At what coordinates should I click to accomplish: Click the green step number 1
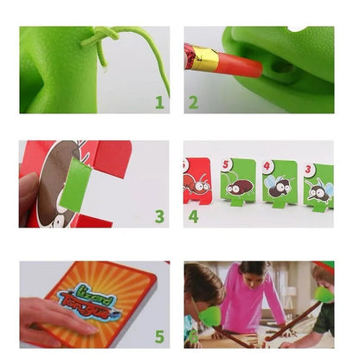click(x=159, y=102)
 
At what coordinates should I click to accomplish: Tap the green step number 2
click(x=193, y=102)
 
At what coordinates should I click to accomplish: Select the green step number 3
click(x=159, y=215)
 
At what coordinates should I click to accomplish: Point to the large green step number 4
click(x=194, y=215)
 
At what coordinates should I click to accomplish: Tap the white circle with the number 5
click(x=227, y=164)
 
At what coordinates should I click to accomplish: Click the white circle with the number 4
click(x=269, y=164)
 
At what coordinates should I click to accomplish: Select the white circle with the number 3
click(x=308, y=169)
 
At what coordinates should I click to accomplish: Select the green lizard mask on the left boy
click(x=211, y=316)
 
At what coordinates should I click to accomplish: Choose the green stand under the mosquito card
click(x=318, y=206)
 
